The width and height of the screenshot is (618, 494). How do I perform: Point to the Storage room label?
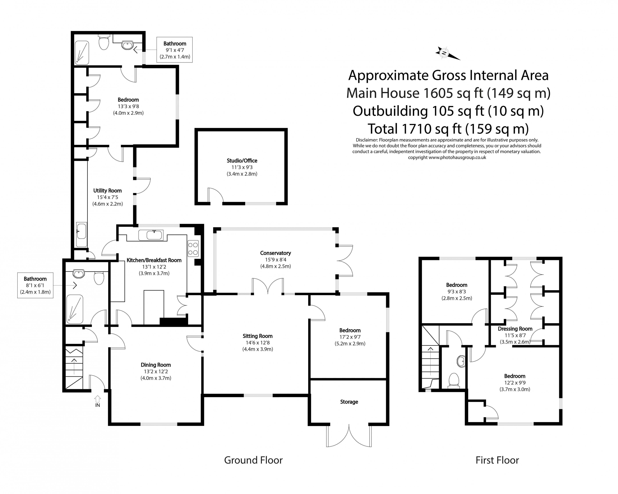click(x=349, y=402)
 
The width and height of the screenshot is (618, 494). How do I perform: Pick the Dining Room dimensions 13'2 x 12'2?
click(x=156, y=371)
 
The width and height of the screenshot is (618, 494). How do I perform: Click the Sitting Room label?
click(x=257, y=336)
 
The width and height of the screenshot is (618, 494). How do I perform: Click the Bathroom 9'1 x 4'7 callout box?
click(x=175, y=50)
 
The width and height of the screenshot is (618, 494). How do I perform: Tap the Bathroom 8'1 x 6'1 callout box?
click(x=35, y=285)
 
